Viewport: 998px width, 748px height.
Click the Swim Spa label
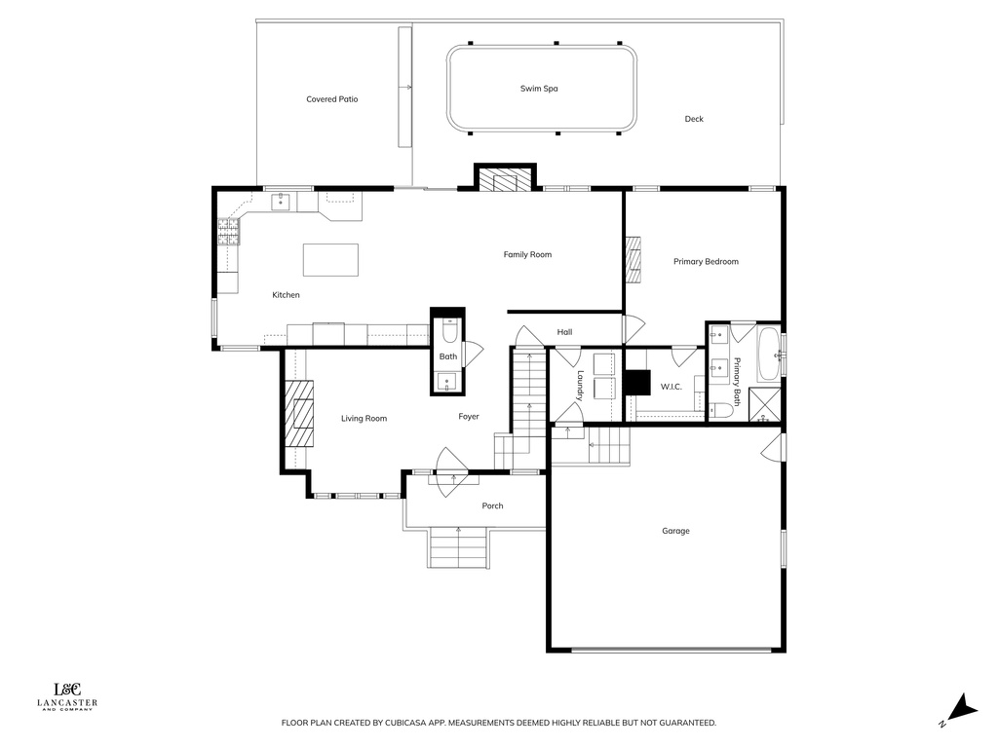tap(538, 89)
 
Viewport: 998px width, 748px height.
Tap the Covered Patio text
tap(332, 99)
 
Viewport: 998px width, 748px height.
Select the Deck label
tap(693, 119)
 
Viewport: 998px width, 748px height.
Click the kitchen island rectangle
tap(330, 260)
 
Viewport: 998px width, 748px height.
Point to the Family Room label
tap(527, 255)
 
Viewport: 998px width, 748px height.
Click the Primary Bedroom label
tap(706, 261)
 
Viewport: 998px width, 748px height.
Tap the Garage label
tap(675, 531)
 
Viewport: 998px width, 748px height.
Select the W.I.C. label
tap(671, 387)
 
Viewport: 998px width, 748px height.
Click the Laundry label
tap(579, 386)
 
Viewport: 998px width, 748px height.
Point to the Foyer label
tap(469, 417)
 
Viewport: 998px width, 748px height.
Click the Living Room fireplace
tap(299, 411)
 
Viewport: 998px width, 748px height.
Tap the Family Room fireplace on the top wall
tap(506, 181)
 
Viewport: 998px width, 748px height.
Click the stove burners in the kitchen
tap(228, 231)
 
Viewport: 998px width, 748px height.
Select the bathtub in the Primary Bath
tap(769, 355)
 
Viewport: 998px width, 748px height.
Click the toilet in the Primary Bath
tap(721, 410)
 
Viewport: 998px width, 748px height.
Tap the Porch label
tap(492, 505)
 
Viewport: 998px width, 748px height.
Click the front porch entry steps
tap(457, 546)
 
